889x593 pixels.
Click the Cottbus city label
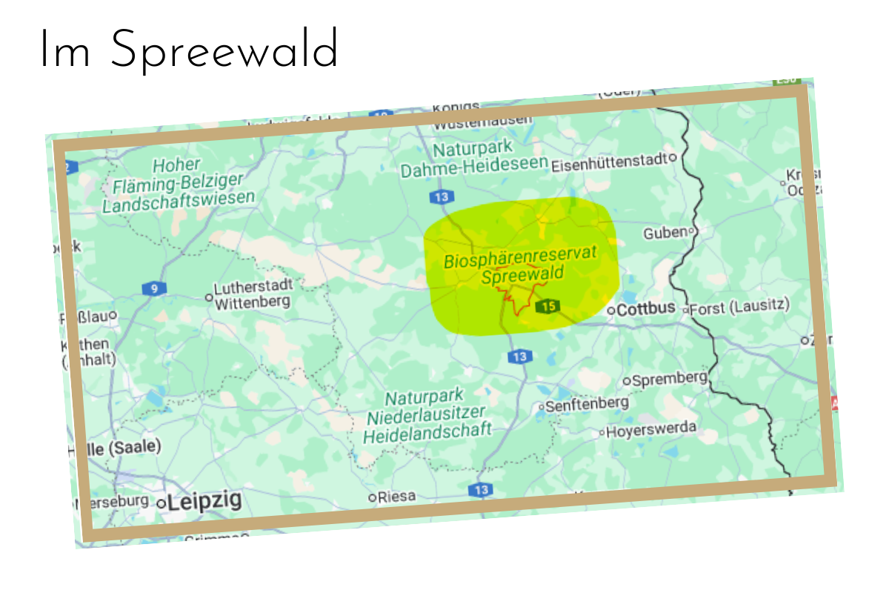[x=646, y=308]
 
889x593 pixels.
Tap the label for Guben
[x=665, y=233]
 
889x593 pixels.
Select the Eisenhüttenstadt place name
[x=609, y=164]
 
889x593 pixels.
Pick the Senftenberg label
[x=587, y=404]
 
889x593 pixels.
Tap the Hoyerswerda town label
[x=651, y=429]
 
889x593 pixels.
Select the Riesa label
[x=397, y=497]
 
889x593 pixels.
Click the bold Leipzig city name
[x=204, y=501]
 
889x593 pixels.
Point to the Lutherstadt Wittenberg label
[x=253, y=293]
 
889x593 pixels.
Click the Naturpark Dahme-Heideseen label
[x=474, y=159]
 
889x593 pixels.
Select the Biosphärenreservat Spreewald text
[x=521, y=268]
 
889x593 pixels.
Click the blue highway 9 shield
[x=154, y=288]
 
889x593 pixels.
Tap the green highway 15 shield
[x=548, y=305]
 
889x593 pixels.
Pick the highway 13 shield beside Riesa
[x=480, y=490]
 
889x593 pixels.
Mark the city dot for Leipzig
[x=161, y=503]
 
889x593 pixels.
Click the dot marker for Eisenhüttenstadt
[x=673, y=157]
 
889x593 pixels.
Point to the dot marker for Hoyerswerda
[x=602, y=432]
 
